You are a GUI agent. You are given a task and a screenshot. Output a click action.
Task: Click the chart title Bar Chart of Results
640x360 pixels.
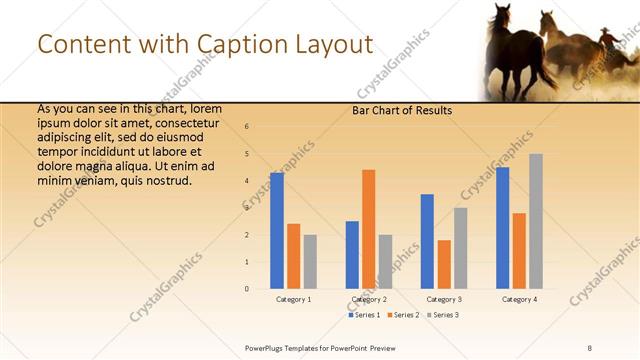click(401, 110)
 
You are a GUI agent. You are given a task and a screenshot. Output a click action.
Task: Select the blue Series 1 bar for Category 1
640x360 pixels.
click(276, 231)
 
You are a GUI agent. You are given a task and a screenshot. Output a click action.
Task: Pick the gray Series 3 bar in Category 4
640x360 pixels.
click(536, 221)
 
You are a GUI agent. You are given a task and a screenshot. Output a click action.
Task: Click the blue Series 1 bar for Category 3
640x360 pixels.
click(427, 241)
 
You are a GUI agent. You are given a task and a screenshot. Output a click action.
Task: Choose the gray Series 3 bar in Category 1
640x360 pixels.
click(310, 262)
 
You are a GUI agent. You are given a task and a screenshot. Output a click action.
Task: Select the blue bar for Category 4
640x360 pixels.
click(502, 228)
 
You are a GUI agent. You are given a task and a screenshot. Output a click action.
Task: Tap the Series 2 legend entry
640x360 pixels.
click(403, 315)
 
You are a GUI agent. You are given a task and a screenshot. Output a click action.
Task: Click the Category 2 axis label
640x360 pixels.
click(369, 299)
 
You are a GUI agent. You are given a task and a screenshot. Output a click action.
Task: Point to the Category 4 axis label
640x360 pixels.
click(519, 299)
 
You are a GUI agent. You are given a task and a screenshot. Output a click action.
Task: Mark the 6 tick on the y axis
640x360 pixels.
click(247, 127)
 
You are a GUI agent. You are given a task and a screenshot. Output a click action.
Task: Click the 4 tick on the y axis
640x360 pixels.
click(247, 181)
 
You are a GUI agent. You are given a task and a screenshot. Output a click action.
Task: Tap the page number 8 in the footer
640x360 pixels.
click(589, 347)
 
